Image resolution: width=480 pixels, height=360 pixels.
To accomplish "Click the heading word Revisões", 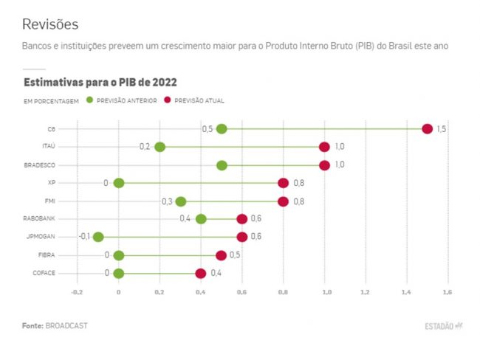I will (x=50, y=24).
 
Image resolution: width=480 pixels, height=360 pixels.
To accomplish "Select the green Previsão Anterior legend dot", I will (x=90, y=100).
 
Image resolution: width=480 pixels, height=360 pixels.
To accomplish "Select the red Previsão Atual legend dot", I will (x=168, y=100).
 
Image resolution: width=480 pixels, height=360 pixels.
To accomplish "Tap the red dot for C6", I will (x=427, y=129).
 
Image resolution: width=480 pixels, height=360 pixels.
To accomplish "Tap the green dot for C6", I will (x=222, y=129).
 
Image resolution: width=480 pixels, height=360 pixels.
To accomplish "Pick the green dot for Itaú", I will (x=160, y=147).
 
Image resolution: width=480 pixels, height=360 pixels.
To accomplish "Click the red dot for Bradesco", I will (x=324, y=165).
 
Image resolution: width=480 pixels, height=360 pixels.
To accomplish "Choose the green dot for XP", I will (x=119, y=183).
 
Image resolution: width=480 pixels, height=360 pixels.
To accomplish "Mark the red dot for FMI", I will (x=283, y=201).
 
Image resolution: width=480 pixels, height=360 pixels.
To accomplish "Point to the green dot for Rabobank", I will (x=201, y=218).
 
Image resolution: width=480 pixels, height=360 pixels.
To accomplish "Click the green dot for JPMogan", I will (x=98, y=237).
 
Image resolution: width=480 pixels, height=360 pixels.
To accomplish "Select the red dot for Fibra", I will (x=222, y=255).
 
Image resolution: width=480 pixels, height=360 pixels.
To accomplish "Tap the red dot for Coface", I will (x=201, y=273).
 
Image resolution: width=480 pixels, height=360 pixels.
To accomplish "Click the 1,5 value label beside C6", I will (x=441, y=129).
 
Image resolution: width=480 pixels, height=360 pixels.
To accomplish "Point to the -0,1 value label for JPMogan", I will (x=84, y=237).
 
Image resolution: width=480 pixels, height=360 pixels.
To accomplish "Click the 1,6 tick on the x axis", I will (x=448, y=292).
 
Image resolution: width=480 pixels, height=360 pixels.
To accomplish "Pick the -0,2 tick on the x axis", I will (x=77, y=292).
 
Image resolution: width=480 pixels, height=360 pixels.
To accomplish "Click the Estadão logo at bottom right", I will (x=443, y=325).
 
